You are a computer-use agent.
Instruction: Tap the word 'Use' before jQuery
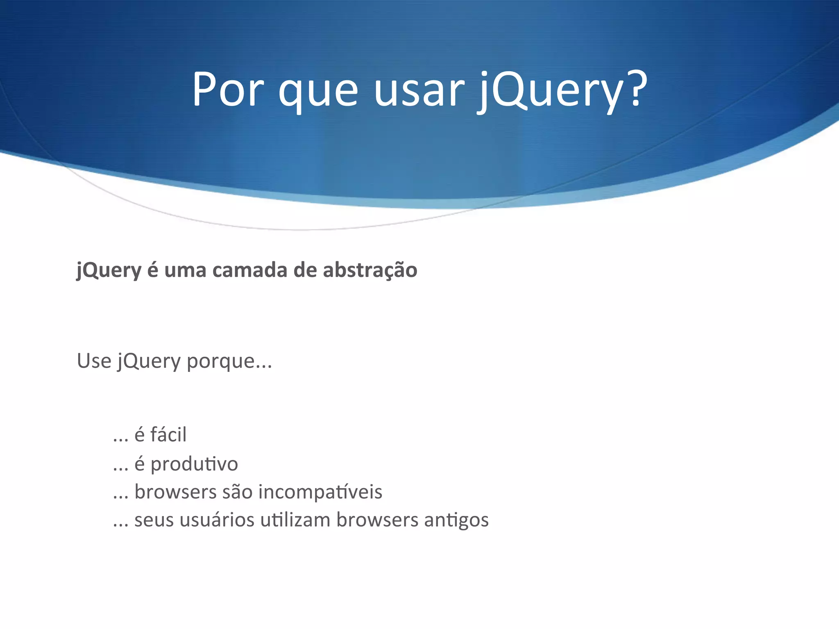[x=94, y=361]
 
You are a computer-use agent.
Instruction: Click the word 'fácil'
[x=168, y=434]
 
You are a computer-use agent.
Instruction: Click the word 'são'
[x=237, y=492]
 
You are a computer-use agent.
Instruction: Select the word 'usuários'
[x=217, y=520]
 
